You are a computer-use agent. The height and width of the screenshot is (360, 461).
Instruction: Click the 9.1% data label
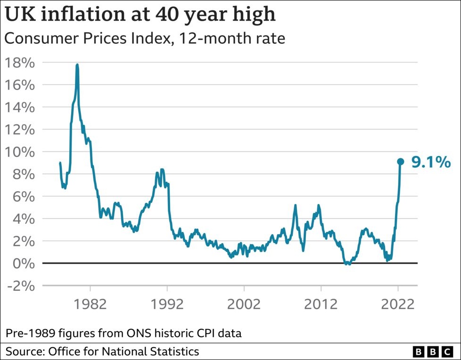(x=431, y=162)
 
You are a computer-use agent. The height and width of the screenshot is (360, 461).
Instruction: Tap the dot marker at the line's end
(x=400, y=162)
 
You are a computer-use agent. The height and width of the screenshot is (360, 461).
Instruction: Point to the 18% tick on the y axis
(x=19, y=62)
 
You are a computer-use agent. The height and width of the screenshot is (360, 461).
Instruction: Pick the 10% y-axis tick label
(x=19, y=152)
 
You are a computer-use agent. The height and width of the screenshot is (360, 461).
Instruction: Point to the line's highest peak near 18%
(x=77, y=65)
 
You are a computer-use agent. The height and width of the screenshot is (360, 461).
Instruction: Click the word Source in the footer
(x=22, y=352)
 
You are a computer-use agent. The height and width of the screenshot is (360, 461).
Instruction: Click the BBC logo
(x=433, y=352)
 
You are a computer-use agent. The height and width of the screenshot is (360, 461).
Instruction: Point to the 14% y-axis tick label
(x=19, y=107)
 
